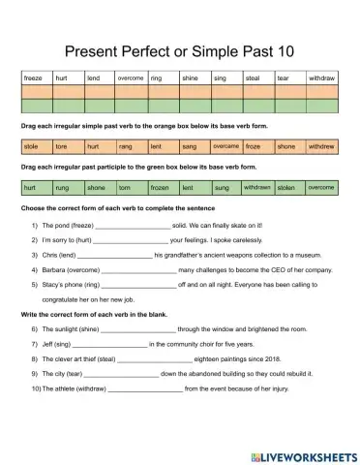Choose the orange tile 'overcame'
click(225, 147)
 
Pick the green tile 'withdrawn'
click(256, 187)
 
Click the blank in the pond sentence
click(132, 225)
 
